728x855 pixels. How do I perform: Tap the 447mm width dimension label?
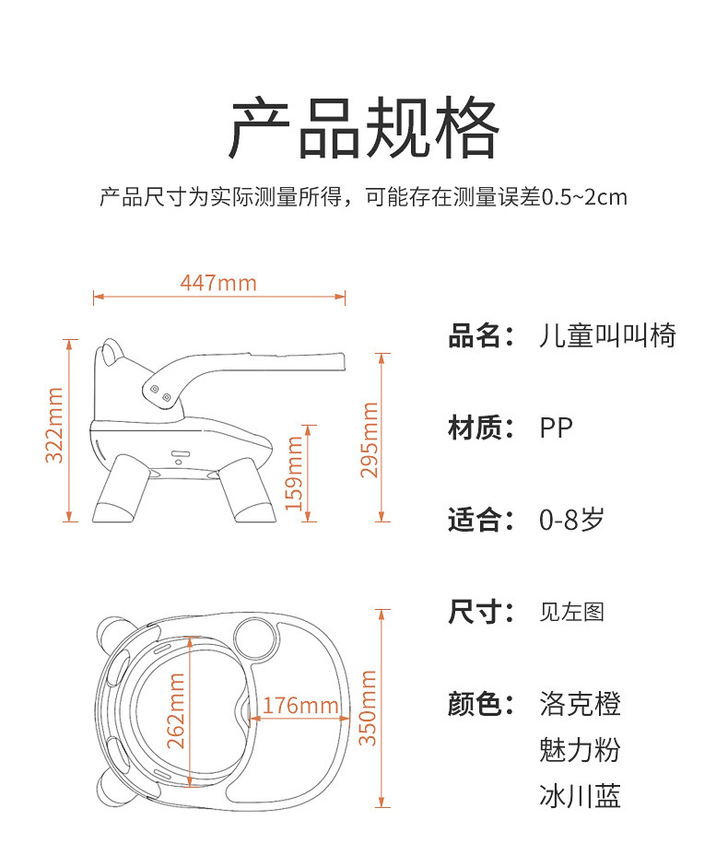click(x=218, y=282)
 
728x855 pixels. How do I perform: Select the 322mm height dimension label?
click(x=54, y=425)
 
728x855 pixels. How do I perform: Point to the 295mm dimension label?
click(x=370, y=439)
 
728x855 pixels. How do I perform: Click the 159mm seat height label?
click(x=295, y=473)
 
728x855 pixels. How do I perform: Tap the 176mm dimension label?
click(x=299, y=706)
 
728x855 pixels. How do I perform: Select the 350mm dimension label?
click(x=369, y=709)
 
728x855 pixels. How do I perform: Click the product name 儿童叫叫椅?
click(x=607, y=335)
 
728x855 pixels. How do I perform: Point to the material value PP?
click(x=556, y=427)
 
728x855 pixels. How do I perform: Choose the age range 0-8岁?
click(x=571, y=520)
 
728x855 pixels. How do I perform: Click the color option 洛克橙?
click(x=580, y=705)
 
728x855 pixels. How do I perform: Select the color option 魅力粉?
click(x=580, y=749)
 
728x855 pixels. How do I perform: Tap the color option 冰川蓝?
click(x=580, y=795)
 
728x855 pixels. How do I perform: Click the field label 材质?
click(x=480, y=427)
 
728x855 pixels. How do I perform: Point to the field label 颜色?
click(x=480, y=705)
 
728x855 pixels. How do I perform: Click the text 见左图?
click(x=571, y=612)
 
